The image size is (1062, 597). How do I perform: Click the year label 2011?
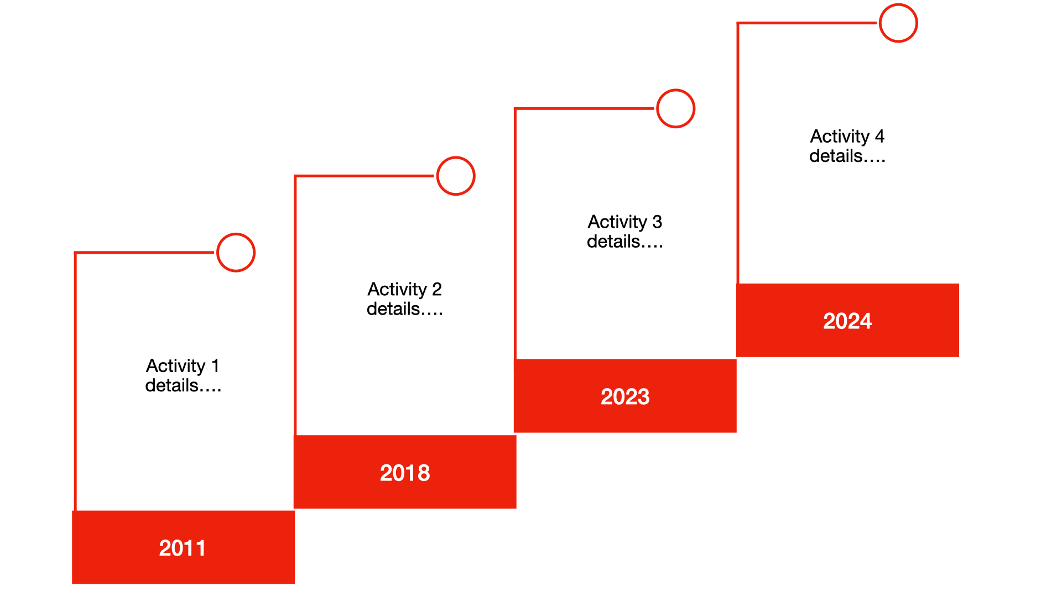[x=183, y=548]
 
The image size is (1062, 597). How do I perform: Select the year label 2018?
[x=405, y=473]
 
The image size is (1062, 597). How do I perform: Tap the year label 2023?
[x=625, y=396]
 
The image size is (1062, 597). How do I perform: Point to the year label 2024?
[x=847, y=321]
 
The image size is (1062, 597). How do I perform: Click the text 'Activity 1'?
[x=183, y=366]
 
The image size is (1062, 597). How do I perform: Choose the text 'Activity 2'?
[x=405, y=289]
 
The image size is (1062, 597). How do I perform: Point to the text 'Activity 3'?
[x=625, y=222]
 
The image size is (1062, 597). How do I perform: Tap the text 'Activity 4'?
[x=847, y=136]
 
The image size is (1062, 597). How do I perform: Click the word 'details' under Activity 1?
[x=171, y=385]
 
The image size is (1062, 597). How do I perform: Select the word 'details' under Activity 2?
[x=393, y=308]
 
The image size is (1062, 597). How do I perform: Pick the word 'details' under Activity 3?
[x=613, y=241]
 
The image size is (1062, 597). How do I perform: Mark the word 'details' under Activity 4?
[x=836, y=156]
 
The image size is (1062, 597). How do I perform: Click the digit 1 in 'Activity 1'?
[x=216, y=365]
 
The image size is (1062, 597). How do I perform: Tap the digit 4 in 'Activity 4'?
[x=879, y=136]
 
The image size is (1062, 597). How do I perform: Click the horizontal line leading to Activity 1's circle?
[x=145, y=253]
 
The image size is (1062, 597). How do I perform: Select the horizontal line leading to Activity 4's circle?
[x=807, y=23]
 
